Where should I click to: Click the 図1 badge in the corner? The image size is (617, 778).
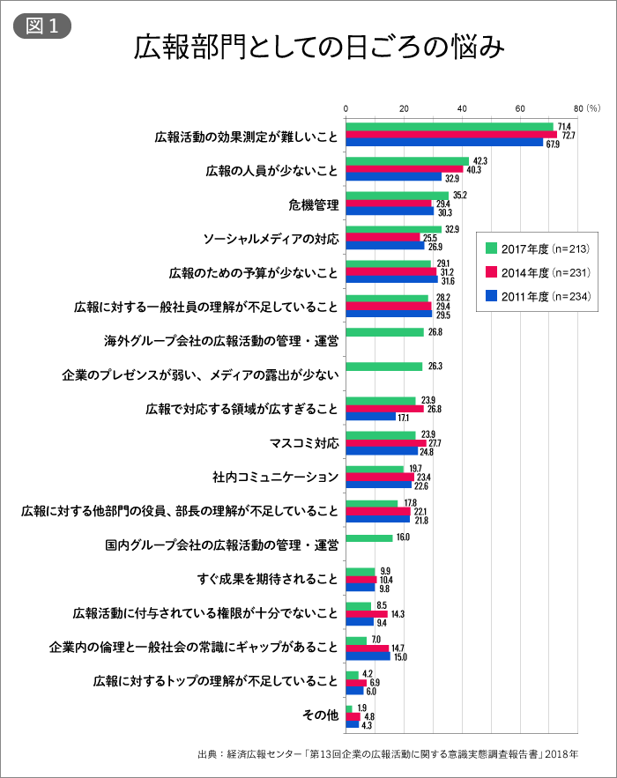[41, 26]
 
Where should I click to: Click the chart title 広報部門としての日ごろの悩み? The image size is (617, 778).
[319, 48]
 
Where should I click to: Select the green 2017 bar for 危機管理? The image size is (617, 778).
[397, 196]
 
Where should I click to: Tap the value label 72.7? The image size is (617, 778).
[569, 135]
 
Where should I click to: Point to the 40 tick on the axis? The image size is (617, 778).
[463, 108]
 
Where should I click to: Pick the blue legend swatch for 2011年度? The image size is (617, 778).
[491, 295]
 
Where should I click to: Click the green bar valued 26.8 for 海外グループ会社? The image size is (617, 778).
[384, 332]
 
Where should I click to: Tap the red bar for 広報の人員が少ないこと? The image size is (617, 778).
[404, 169]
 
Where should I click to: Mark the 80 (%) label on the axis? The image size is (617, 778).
[586, 108]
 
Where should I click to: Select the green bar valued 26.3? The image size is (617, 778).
[383, 367]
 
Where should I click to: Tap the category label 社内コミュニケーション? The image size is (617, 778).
[275, 477]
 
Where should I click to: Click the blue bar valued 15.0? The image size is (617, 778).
[368, 656]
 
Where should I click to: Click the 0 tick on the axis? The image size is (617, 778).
[346, 108]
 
